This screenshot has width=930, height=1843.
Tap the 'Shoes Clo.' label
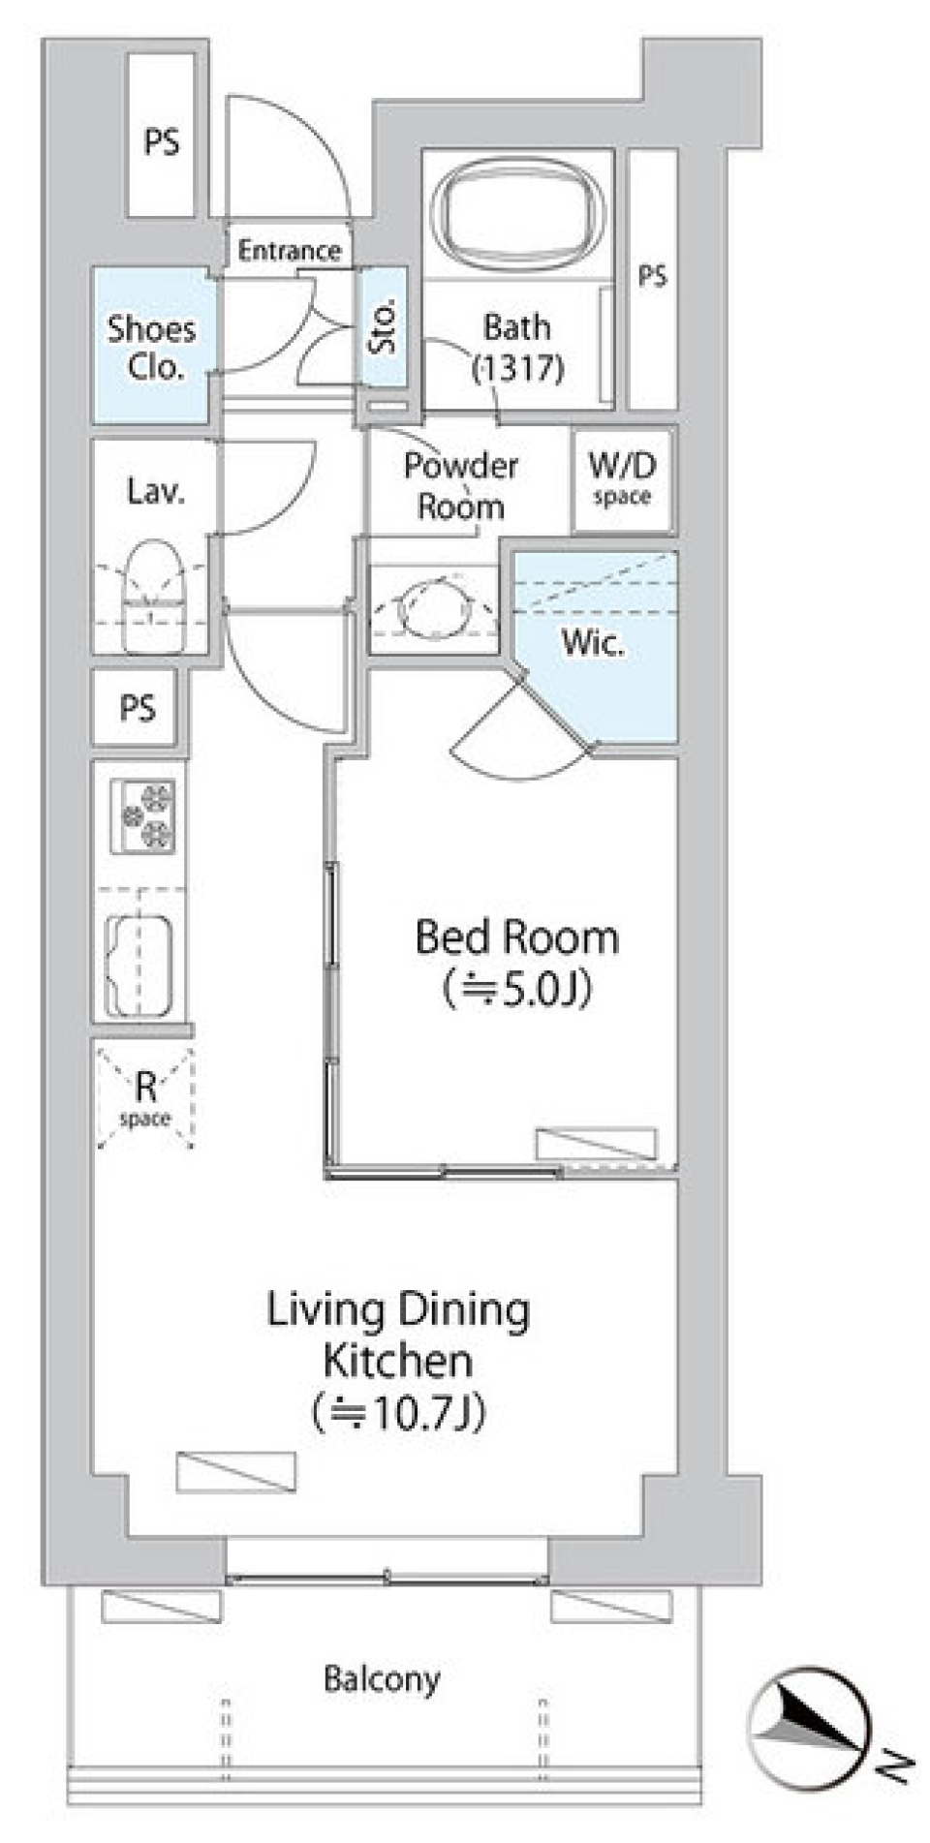tap(151, 347)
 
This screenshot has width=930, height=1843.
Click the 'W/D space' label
tap(622, 478)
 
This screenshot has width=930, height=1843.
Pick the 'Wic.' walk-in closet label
tap(593, 642)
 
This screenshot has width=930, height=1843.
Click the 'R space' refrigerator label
tap(145, 1099)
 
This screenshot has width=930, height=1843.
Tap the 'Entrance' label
tap(290, 251)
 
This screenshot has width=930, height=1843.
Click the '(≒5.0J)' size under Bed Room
tap(516, 989)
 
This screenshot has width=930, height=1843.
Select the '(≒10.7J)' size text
tap(398, 1413)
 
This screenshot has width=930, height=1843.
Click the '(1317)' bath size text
tap(517, 368)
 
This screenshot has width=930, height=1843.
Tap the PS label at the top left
tap(162, 142)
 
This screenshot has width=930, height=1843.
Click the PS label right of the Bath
tap(652, 276)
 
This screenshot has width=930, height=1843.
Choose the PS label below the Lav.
tap(138, 708)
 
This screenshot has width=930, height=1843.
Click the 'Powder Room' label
tap(460, 486)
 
